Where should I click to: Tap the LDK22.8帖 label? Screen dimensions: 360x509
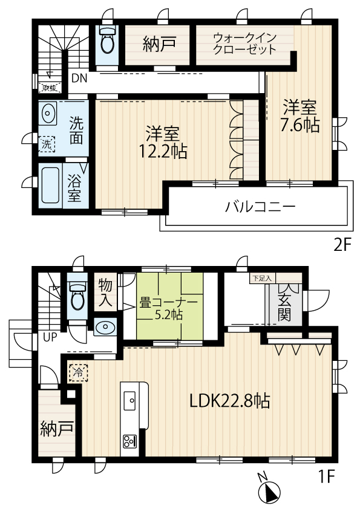pyautogui.click(x=230, y=401)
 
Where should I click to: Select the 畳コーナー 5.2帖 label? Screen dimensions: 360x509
pyautogui.click(x=168, y=309)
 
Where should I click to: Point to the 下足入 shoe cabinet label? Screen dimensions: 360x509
pyautogui.click(x=262, y=278)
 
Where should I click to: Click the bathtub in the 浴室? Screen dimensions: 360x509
pyautogui.click(x=50, y=185)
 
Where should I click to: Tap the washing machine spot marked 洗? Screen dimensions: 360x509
pyautogui.click(x=47, y=144)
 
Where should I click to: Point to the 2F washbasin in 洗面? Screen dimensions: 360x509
pyautogui.click(x=48, y=113)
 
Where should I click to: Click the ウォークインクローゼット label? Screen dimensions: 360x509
pyautogui.click(x=244, y=44)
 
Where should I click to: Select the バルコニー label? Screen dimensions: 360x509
pyautogui.click(x=260, y=207)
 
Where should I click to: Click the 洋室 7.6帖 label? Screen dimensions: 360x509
pyautogui.click(x=299, y=116)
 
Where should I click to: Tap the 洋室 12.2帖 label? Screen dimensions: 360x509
pyautogui.click(x=163, y=142)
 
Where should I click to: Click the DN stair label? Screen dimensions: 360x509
pyautogui.click(x=79, y=78)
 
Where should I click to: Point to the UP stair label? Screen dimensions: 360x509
pyautogui.click(x=50, y=337)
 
